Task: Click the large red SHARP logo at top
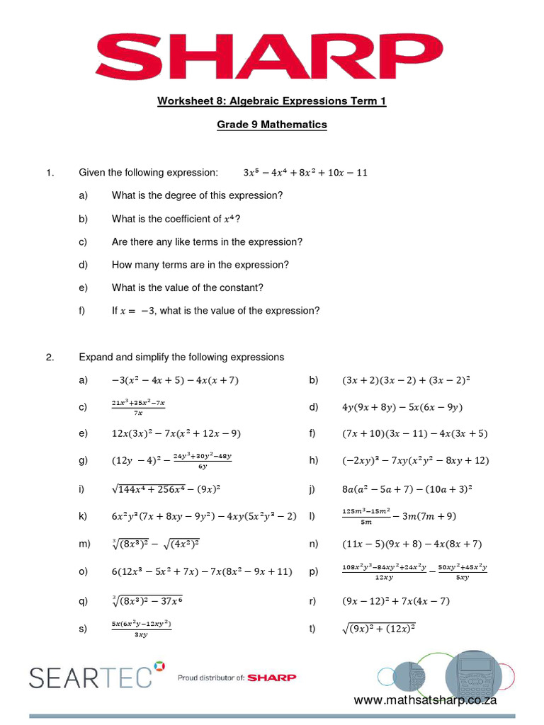[271, 55]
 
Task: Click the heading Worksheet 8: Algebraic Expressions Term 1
[271, 101]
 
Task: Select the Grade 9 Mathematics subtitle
[271, 125]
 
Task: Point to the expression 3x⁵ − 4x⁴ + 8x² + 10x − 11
[305, 173]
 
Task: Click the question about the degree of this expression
[197, 195]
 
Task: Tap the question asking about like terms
[207, 241]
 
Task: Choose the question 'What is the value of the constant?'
[188, 287]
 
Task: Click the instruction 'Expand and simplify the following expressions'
[181, 357]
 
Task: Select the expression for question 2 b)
[406, 380]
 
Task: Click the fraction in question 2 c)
[138, 407]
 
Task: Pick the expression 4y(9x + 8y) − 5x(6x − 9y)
[402, 407]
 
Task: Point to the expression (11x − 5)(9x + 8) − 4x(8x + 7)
[412, 544]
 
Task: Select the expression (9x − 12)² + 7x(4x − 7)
[395, 601]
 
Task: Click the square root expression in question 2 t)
[378, 628]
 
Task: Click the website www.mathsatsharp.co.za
[425, 700]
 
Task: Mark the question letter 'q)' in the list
[84, 601]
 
